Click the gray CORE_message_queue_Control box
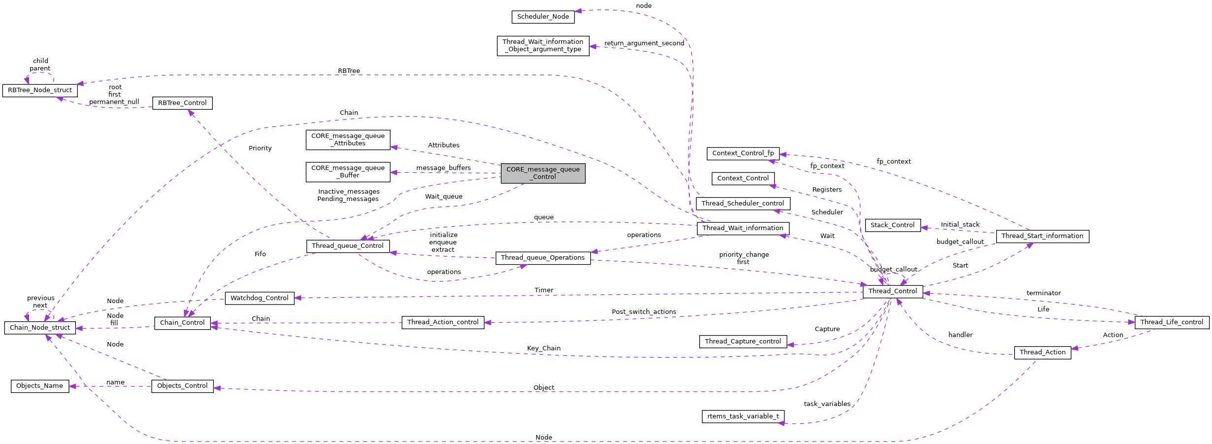[543, 173]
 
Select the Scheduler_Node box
[543, 17]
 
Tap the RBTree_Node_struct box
[40, 90]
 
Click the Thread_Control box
[892, 291]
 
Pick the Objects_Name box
[40, 386]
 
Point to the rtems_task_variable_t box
[743, 416]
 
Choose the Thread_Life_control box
[1172, 322]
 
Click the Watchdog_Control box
[260, 298]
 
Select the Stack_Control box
[892, 225]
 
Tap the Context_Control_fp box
[743, 153]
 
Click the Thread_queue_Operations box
[542, 258]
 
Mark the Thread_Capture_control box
[742, 342]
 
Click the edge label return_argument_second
[644, 43]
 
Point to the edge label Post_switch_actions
[643, 312]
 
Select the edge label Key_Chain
[543, 348]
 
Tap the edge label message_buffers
[443, 168]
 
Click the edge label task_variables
[827, 404]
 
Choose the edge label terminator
[1044, 293]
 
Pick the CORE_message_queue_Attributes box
[348, 140]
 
